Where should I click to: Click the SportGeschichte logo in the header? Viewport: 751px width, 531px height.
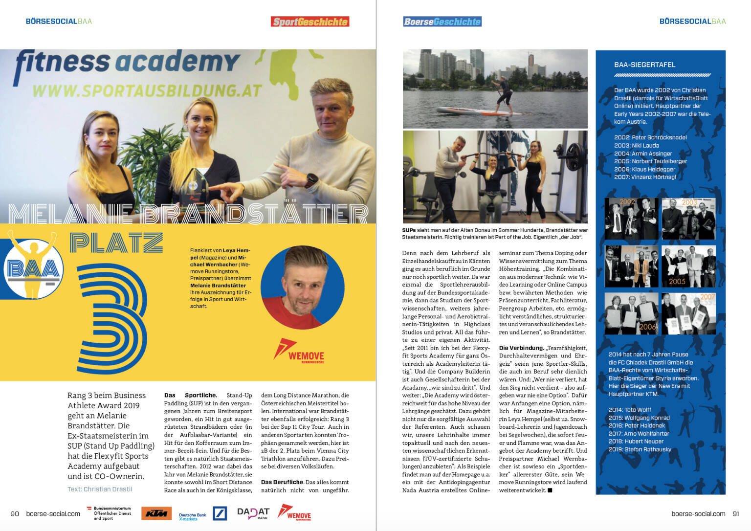pyautogui.click(x=310, y=22)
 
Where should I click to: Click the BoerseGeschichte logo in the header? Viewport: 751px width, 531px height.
pyautogui.click(x=442, y=22)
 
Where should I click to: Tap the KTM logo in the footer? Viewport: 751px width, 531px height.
pyautogui.click(x=156, y=513)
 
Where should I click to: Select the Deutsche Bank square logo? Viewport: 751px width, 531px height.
pyautogui.click(x=220, y=513)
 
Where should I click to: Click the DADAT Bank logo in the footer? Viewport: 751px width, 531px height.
pyautogui.click(x=253, y=513)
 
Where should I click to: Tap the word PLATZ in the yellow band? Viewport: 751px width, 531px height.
pyautogui.click(x=116, y=243)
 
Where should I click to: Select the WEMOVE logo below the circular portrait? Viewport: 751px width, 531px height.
pyautogui.click(x=299, y=352)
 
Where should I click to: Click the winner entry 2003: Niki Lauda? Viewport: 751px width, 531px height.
pyautogui.click(x=636, y=145)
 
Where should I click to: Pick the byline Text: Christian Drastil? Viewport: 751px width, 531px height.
pyautogui.click(x=100, y=489)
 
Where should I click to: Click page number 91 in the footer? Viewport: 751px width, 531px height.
pyautogui.click(x=736, y=513)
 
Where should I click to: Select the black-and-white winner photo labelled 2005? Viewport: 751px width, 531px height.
pyautogui.click(x=688, y=266)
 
